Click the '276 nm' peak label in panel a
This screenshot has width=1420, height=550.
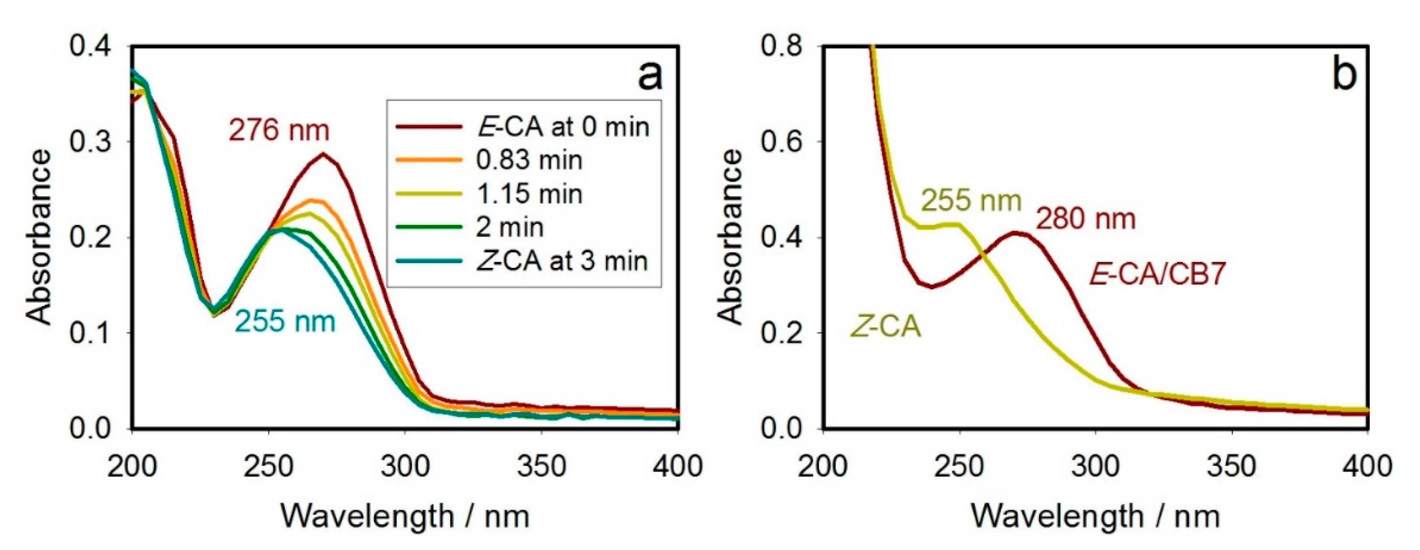click(279, 131)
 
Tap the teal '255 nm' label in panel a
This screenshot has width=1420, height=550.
click(285, 321)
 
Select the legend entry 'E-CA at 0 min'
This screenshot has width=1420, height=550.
click(562, 127)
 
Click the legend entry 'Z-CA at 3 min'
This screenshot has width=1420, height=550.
click(561, 261)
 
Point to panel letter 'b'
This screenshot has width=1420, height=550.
click(1344, 74)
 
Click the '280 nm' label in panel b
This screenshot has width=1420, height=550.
click(1085, 219)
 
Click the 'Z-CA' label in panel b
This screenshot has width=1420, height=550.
click(886, 327)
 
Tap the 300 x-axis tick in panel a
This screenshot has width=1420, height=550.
click(405, 467)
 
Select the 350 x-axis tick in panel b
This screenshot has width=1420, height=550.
click(1231, 467)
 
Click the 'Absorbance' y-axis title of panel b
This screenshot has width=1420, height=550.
click(731, 237)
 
